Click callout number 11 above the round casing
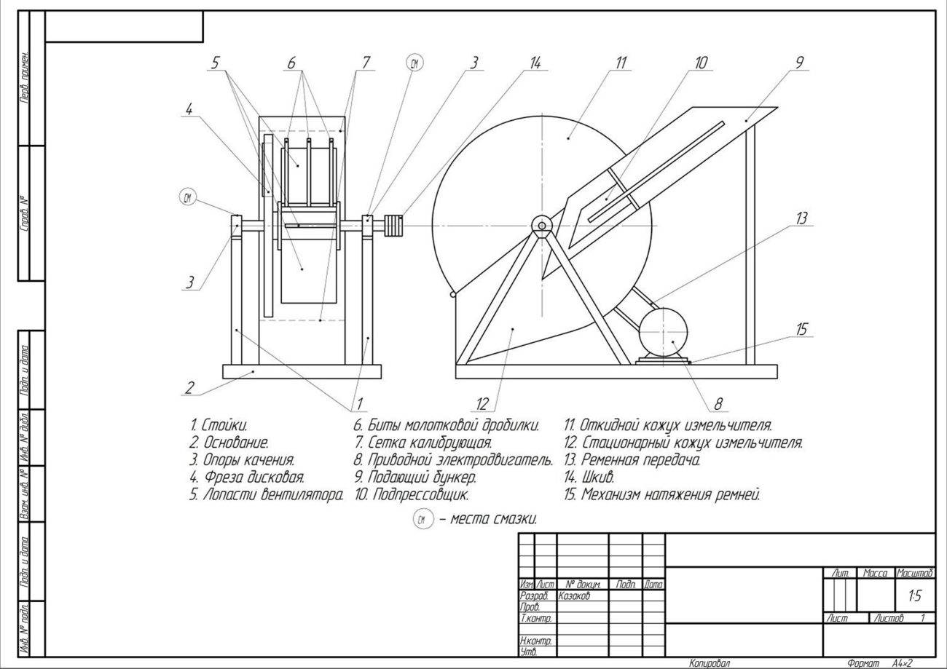[x=621, y=63]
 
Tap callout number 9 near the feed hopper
[x=799, y=63]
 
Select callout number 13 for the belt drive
[x=801, y=218]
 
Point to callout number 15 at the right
[x=801, y=329]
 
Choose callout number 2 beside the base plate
[x=189, y=387]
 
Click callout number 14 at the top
[x=535, y=63]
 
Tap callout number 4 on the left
[x=189, y=109]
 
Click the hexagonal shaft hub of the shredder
[x=541, y=226]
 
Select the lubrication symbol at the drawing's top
[x=414, y=63]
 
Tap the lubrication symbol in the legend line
[x=423, y=520]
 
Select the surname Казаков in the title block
[x=574, y=596]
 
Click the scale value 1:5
[x=914, y=596]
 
